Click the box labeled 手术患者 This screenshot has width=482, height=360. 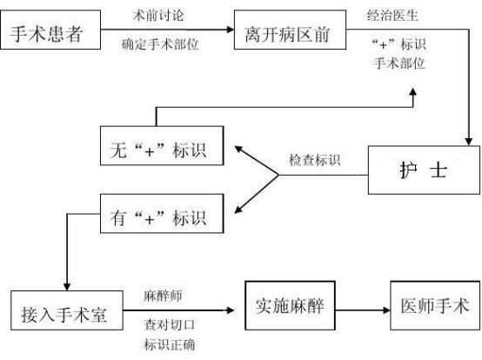[x=50, y=30]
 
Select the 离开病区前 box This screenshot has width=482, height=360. [x=290, y=30]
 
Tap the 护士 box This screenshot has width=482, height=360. [x=424, y=170]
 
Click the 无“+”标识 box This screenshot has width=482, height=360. [x=162, y=145]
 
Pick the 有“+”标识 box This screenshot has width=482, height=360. [x=162, y=214]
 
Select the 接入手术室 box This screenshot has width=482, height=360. [x=67, y=310]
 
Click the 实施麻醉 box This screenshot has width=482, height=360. [x=290, y=305]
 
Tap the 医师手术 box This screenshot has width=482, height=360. [x=435, y=305]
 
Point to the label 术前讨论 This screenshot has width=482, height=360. [x=158, y=16]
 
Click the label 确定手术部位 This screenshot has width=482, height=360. [x=160, y=44]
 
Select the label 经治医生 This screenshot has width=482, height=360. [x=392, y=16]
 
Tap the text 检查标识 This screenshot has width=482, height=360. [x=315, y=160]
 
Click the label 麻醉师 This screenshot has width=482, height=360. [x=163, y=296]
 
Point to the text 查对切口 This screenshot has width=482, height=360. [x=170, y=324]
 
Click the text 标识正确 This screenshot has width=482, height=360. [x=170, y=344]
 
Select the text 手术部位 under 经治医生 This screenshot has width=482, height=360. [x=399, y=63]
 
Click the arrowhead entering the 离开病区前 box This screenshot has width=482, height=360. [x=231, y=30]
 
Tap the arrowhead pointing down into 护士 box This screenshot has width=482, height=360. [x=468, y=142]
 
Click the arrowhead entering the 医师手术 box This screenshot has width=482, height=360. [x=386, y=310]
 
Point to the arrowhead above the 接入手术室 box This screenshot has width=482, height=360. [x=67, y=287]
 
